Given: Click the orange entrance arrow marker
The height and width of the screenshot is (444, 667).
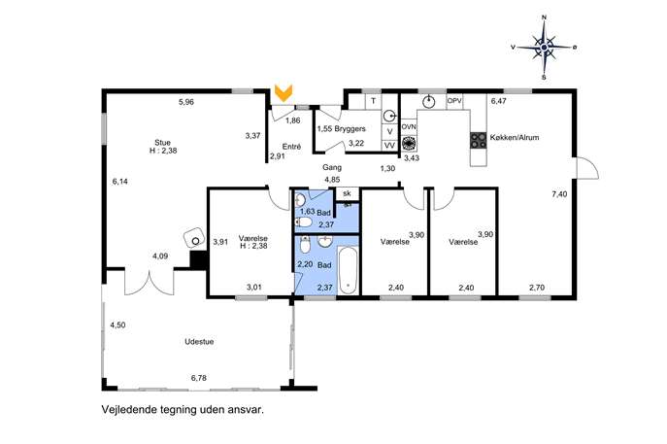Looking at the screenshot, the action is [x=283, y=93].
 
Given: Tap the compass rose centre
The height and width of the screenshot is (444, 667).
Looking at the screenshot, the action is [x=544, y=47].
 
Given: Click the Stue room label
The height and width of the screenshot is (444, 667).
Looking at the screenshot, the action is [x=162, y=143].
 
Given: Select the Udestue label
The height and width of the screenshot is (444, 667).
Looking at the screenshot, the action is [x=199, y=341].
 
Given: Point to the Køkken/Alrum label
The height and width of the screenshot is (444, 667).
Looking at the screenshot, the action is [x=515, y=138].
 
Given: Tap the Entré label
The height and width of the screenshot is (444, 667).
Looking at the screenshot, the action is [x=291, y=147].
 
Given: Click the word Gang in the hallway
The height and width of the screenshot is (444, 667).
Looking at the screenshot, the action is [x=332, y=168].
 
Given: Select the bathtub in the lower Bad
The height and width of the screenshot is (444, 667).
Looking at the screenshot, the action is [x=349, y=271].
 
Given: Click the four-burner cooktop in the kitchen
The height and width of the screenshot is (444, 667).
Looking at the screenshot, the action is [x=478, y=141].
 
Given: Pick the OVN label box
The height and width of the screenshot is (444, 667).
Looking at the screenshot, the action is [x=409, y=127].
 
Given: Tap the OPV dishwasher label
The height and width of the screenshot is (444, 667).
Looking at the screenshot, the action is [x=454, y=101].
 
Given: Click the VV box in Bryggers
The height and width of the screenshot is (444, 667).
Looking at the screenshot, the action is [x=389, y=145].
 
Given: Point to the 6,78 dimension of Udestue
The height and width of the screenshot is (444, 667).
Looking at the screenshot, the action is [x=199, y=378].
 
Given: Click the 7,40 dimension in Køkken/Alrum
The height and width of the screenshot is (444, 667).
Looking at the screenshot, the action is [x=559, y=194].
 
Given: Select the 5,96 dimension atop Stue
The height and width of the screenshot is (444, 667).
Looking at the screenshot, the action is [x=186, y=102].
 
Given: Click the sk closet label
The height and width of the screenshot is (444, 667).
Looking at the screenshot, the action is [x=348, y=193].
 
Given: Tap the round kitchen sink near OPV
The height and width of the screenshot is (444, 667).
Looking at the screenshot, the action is [x=429, y=102].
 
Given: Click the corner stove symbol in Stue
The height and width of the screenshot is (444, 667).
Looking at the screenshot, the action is [x=194, y=238].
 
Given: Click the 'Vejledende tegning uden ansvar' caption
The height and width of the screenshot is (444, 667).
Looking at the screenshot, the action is [x=183, y=410].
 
